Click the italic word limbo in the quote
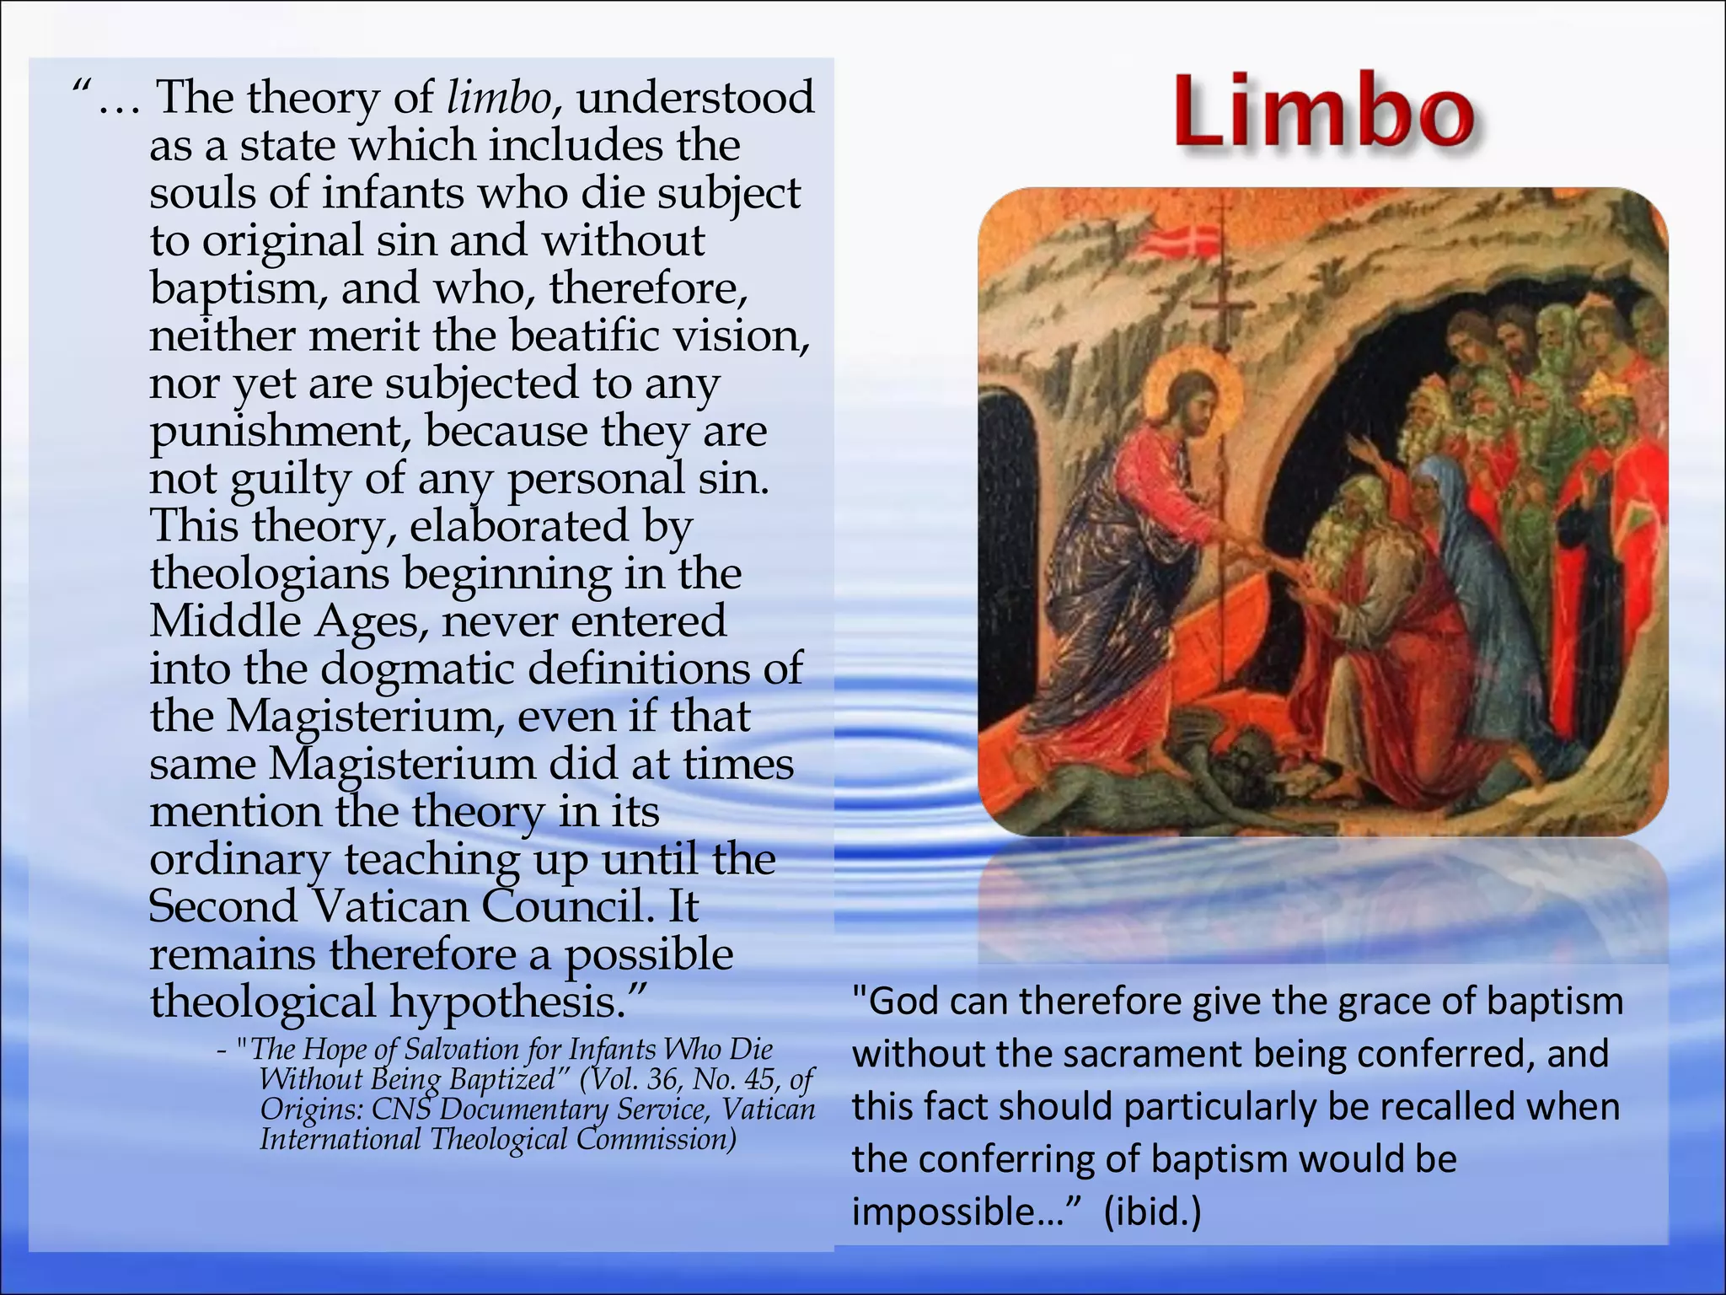(498, 98)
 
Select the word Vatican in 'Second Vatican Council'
(391, 907)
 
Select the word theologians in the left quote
(270, 574)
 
